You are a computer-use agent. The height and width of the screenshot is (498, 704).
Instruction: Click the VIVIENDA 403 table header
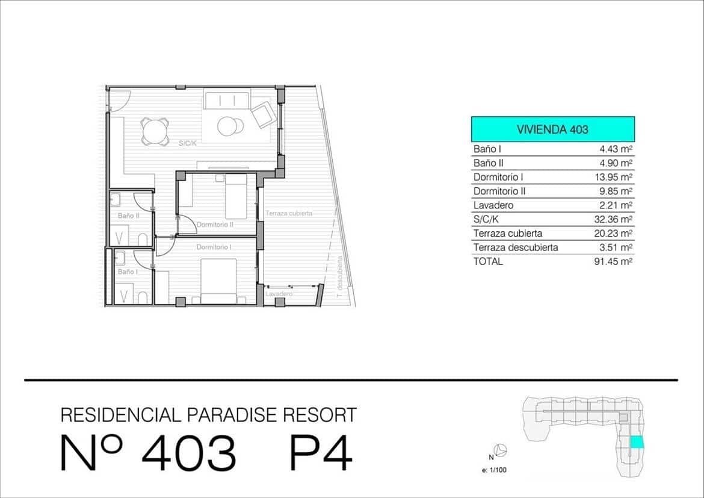(552, 129)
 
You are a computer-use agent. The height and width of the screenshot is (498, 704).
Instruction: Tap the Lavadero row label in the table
(493, 205)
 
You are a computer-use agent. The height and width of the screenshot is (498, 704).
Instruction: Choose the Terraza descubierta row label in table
(516, 247)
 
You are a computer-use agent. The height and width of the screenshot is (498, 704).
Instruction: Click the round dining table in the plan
(155, 131)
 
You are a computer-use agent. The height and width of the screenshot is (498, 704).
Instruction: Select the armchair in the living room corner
(262, 114)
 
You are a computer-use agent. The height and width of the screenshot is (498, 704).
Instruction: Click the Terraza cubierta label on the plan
(289, 214)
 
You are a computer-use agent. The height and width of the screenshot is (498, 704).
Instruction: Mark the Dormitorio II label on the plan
(215, 225)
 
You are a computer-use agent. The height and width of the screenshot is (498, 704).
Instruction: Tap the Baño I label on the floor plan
(127, 272)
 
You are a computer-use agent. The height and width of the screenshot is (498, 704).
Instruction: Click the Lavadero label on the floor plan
(279, 294)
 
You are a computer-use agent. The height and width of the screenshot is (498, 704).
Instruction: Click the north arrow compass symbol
(499, 449)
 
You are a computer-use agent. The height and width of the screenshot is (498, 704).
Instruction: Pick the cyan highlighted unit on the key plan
(636, 442)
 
